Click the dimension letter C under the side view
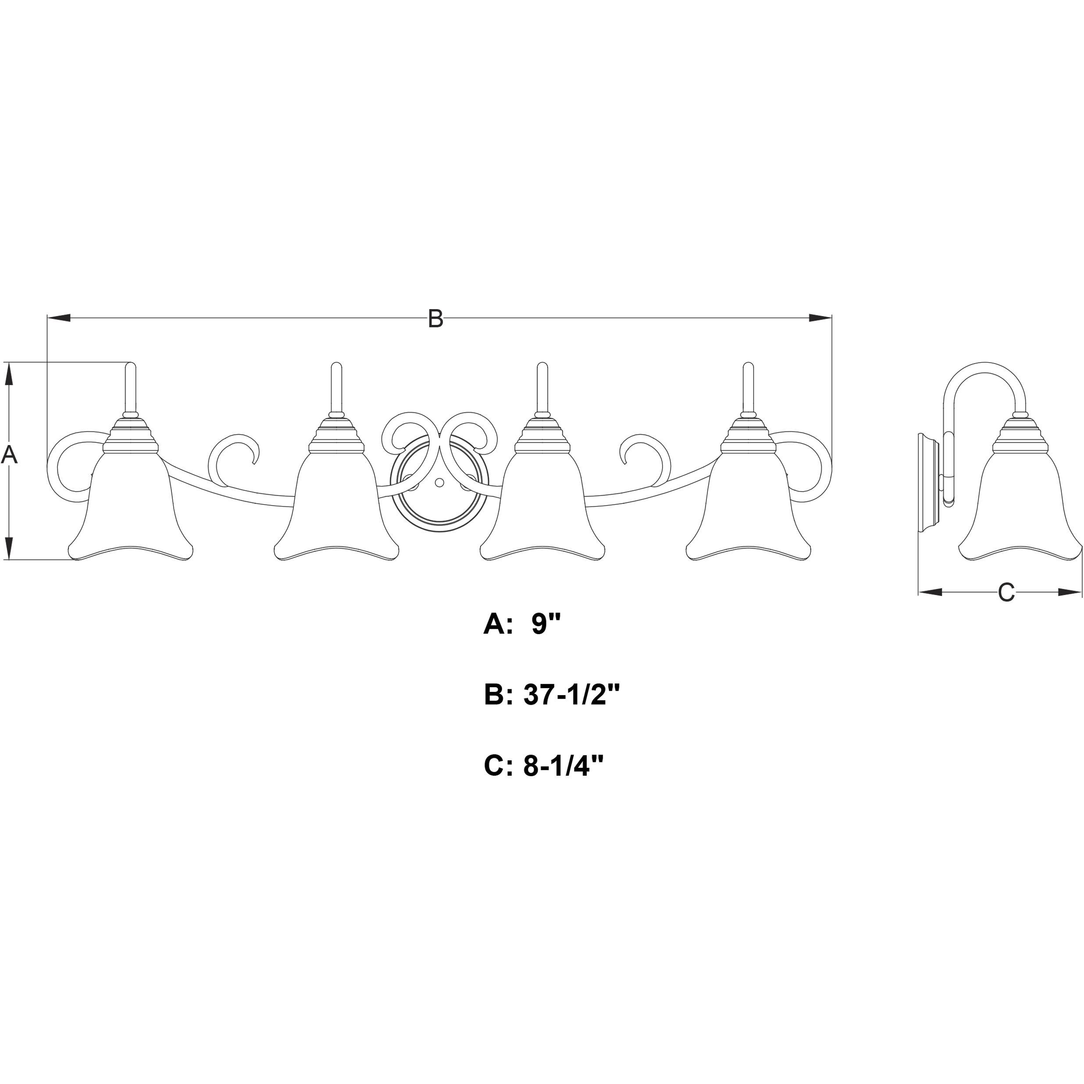tap(1006, 592)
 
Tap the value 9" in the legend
tap(546, 624)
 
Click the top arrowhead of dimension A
tap(8, 374)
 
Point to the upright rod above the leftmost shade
tap(130, 387)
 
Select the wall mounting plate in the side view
tap(929, 482)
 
